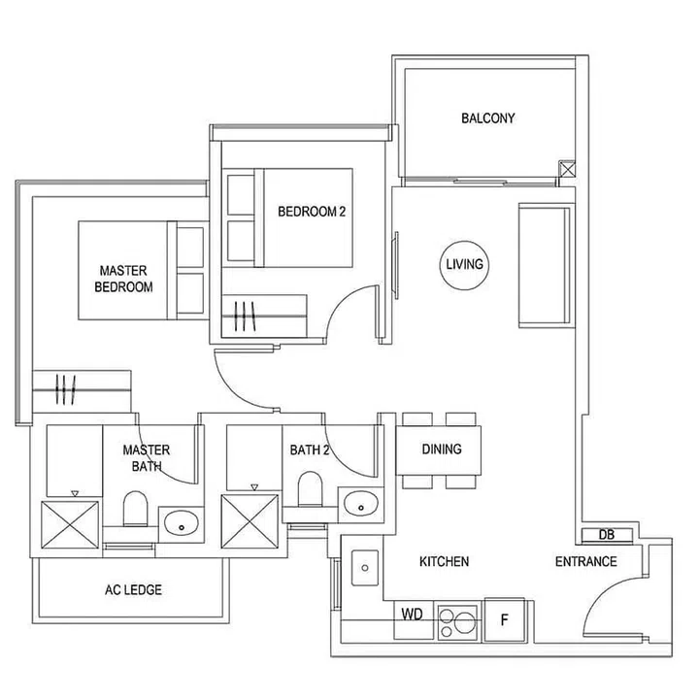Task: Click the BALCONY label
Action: click(487, 118)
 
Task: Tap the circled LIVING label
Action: click(464, 264)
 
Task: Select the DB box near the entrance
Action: click(606, 535)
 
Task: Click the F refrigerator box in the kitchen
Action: click(504, 618)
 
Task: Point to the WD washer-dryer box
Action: click(413, 615)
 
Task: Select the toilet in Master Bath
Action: click(135, 507)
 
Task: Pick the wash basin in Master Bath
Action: click(182, 524)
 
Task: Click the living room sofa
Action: click(543, 264)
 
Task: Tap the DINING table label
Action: click(441, 450)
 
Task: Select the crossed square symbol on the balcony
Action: click(568, 170)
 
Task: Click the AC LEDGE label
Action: click(132, 589)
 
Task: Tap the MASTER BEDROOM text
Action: click(123, 279)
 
